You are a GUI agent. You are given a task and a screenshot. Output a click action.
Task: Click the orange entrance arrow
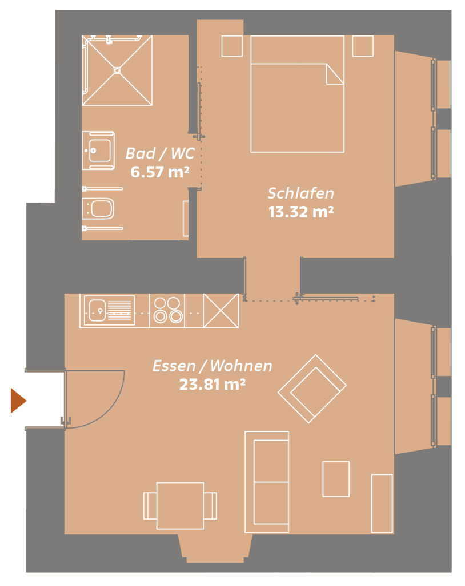tap(18, 401)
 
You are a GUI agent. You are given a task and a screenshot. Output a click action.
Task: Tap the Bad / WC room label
tap(160, 153)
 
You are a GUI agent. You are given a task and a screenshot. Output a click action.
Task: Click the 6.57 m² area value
tap(160, 172)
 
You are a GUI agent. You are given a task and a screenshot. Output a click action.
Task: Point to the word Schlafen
tap(301, 193)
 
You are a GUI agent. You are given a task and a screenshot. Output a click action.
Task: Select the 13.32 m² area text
tap(301, 212)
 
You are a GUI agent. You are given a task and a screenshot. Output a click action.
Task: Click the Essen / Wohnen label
tap(213, 366)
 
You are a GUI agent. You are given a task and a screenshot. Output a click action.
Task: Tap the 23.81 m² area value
tap(213, 385)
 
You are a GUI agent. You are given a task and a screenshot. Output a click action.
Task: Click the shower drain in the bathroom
tap(117, 70)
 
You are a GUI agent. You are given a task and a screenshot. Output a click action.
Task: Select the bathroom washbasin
tap(98, 151)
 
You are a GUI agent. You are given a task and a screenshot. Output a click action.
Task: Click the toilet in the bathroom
tap(98, 208)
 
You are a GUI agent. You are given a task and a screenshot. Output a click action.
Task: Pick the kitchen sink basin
tap(97, 310)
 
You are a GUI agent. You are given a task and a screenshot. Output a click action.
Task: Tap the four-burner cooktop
tap(167, 310)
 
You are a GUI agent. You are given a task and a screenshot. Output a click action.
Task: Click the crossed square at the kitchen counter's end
tap(221, 311)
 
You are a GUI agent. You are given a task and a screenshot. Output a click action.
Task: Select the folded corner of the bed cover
tap(335, 74)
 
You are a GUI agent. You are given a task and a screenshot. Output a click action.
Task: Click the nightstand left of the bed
tap(232, 46)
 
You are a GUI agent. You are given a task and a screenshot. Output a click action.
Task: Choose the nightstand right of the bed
tap(363, 46)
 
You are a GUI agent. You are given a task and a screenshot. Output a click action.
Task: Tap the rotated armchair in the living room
tap(312, 389)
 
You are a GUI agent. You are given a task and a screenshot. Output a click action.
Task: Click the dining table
tap(181, 506)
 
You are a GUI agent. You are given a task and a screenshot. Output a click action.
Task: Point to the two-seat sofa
tap(267, 482)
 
